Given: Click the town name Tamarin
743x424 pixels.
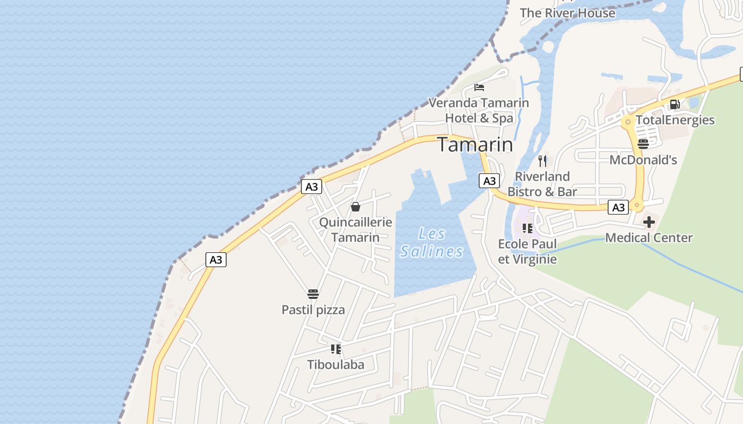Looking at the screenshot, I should click(475, 144).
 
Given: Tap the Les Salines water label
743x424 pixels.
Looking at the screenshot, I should click(431, 242).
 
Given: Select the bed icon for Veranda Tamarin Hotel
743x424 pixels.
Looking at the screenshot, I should click(479, 87).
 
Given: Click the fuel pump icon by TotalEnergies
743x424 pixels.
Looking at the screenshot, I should click(675, 104).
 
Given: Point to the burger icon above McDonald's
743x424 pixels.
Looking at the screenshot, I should click(643, 144).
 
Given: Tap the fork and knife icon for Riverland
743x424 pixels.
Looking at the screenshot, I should click(542, 161).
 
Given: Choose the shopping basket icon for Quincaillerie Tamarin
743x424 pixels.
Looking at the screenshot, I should click(356, 206).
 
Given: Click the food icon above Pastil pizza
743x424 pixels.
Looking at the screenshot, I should click(313, 294).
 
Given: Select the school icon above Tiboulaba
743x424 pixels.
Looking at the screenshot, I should click(336, 349).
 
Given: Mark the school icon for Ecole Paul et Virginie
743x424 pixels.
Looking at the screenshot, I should click(527, 228).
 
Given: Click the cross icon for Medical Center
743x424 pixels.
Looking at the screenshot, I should click(649, 222).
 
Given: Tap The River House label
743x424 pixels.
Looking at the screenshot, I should click(567, 13).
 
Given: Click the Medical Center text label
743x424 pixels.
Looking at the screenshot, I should click(649, 238).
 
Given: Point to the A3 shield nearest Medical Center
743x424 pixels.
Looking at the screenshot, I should click(618, 207).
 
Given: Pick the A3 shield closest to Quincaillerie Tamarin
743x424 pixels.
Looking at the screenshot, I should click(312, 187).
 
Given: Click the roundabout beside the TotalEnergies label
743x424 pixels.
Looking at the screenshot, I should click(628, 122).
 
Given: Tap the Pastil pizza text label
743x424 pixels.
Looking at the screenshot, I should click(313, 310).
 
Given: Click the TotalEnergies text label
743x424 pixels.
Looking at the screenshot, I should click(675, 120).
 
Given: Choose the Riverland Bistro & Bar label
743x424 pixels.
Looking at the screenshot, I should click(542, 184).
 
